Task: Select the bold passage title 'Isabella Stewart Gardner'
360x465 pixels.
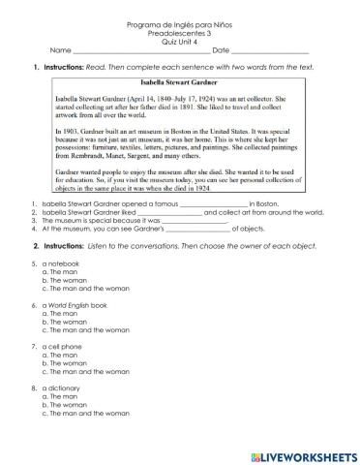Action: click(x=181, y=84)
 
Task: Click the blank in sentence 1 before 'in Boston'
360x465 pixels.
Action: click(x=214, y=205)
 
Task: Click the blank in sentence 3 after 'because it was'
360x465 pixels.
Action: click(x=198, y=222)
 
